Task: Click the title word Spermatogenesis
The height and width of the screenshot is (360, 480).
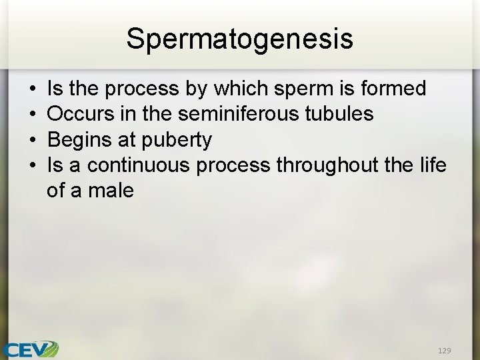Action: click(x=239, y=39)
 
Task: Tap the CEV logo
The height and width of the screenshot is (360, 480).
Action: click(x=30, y=349)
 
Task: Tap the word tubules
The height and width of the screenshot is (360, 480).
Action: click(x=339, y=114)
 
